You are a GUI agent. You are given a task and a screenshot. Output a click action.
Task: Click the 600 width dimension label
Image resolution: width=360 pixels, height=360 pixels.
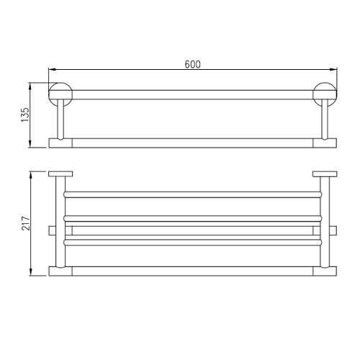pos(192,64)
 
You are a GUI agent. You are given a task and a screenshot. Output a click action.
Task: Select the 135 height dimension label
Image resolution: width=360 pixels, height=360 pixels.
pos(25,114)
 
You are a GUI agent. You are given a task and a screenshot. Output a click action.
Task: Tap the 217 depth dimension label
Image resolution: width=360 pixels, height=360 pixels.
pos(26,223)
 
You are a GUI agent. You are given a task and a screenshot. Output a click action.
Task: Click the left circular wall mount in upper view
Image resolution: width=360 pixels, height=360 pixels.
pos(60,94)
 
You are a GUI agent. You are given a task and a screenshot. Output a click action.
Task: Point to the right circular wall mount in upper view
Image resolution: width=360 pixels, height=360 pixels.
pos(325,94)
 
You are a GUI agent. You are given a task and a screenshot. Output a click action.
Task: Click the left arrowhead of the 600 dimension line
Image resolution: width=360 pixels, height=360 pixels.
pos(53,69)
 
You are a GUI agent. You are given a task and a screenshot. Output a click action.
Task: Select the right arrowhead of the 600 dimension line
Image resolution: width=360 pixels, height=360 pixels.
pos(333,69)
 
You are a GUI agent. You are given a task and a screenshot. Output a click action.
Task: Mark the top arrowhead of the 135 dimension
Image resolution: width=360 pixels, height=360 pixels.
pos(30,86)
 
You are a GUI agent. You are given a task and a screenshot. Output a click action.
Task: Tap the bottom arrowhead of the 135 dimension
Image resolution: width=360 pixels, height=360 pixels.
pos(30,144)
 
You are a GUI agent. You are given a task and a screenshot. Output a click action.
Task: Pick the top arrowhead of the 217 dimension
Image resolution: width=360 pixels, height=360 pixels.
pos(30,175)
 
